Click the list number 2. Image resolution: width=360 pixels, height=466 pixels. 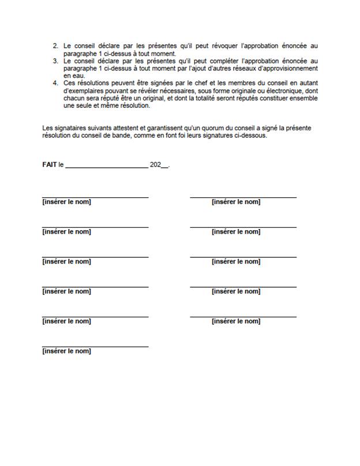tap(55, 46)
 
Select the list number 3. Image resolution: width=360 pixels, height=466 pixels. tap(55, 61)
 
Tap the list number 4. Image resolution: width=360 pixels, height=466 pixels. tap(55, 83)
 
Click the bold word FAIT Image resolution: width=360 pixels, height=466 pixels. tap(50, 164)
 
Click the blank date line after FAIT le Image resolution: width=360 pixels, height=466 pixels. tap(107, 166)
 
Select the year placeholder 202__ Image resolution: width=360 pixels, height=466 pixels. tap(159, 164)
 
